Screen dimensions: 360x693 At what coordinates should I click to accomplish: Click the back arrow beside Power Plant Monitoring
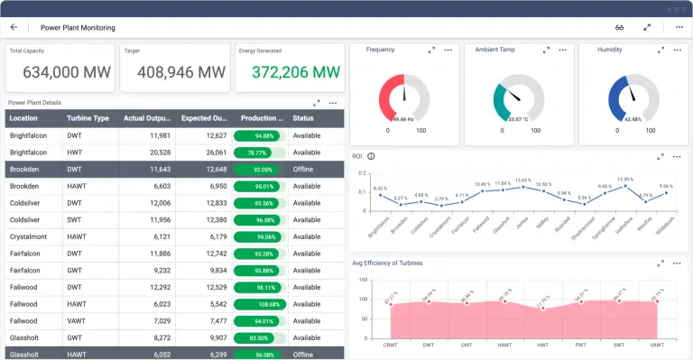pos(14,27)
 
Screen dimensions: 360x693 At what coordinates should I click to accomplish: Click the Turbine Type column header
pos(88,118)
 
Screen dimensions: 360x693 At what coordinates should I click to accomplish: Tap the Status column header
pos(303,118)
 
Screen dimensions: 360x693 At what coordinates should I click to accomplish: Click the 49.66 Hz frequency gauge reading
pos(403,118)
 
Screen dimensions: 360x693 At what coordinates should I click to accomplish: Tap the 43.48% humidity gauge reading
pos(632,118)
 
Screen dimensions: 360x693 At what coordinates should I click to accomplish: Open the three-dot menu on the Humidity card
pos(677,50)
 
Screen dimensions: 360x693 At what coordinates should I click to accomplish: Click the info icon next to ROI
pos(372,156)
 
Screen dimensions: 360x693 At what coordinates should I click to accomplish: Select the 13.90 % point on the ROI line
pos(624,185)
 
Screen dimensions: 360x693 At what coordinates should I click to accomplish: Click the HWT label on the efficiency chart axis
pos(542,344)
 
